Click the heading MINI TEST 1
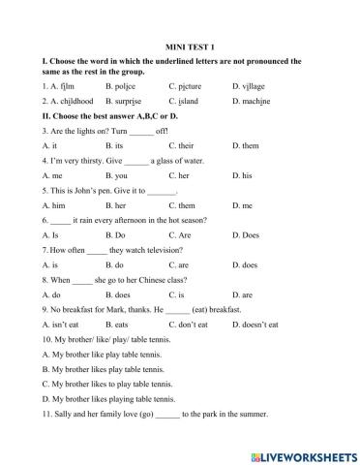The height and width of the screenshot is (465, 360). tap(180, 45)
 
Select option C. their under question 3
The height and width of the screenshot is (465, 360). tap(182, 145)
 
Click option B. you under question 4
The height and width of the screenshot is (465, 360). tap(116, 176)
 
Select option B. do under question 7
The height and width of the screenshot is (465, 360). tap(113, 266)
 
